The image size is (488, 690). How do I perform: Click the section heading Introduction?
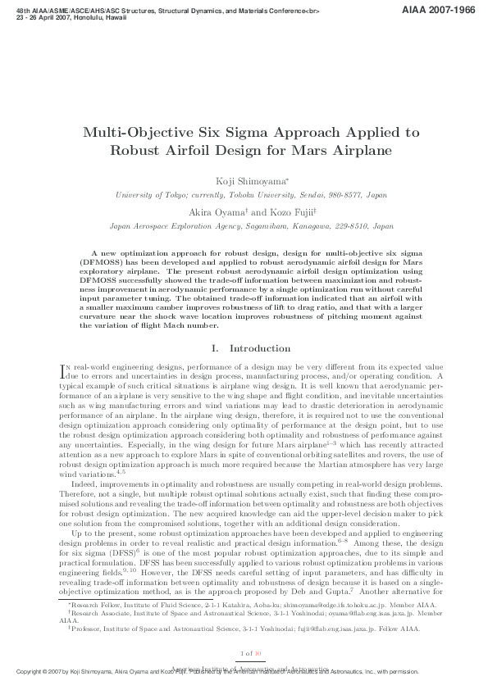tap(259, 348)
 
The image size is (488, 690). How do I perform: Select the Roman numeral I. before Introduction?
tap(215, 348)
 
